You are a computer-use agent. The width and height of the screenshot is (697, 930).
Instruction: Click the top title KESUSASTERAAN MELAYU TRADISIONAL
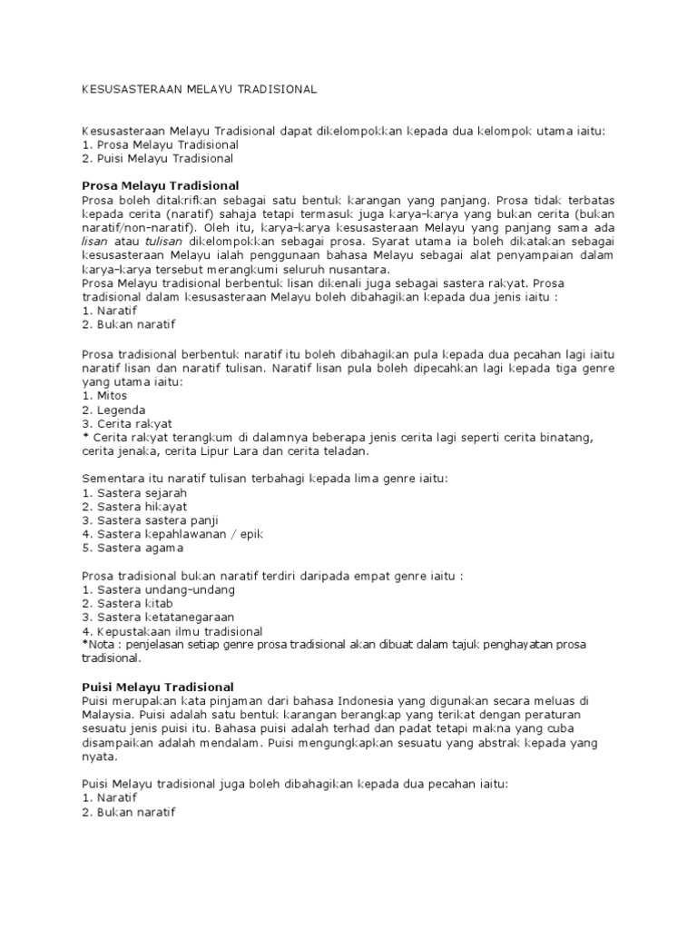(199, 90)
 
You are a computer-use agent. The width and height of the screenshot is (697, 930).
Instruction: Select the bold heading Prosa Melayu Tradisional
(160, 184)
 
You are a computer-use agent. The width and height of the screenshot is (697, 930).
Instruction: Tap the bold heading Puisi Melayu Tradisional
(158, 686)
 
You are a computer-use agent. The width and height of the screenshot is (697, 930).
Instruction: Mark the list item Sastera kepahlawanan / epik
(172, 534)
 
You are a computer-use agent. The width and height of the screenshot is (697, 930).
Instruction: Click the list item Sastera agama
(132, 548)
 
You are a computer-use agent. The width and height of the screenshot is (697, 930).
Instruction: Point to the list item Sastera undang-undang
(158, 589)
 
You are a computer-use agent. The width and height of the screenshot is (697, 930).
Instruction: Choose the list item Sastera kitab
(127, 603)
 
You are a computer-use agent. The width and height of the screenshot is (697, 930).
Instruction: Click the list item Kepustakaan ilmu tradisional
(172, 631)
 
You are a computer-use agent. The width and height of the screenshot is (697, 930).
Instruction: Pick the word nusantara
(355, 270)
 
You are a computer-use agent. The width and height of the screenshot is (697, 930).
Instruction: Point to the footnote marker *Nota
(97, 645)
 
